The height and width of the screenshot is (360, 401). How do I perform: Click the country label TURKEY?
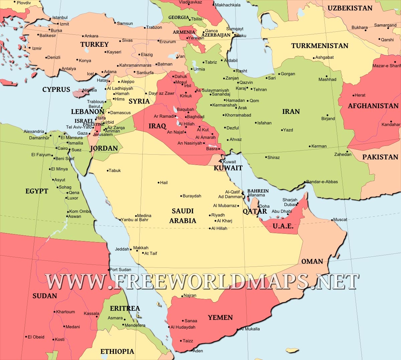95,44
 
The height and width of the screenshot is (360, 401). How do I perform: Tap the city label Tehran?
260,89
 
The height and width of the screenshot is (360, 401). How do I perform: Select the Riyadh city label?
218,215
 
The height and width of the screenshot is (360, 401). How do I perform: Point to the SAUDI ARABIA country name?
183,216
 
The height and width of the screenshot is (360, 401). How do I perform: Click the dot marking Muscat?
332,220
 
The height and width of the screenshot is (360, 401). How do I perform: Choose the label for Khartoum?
65,312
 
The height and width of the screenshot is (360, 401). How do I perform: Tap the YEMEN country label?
220,318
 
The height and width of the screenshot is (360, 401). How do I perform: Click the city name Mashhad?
327,79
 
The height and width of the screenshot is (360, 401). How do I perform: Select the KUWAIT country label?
228,168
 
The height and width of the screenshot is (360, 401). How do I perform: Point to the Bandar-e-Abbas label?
322,182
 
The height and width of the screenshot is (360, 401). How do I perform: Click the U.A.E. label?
283,226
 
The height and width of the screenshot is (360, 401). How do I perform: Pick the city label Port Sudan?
120,269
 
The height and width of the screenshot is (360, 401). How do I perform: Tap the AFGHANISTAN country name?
373,106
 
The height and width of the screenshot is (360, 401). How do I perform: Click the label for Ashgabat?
324,57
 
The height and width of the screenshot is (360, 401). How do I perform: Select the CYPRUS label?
56,89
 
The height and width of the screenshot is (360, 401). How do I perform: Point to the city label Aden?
198,351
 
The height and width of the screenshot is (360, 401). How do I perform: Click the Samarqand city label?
385,25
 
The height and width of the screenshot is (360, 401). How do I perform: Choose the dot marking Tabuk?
108,171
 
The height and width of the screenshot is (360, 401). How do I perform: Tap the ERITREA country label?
125,308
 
